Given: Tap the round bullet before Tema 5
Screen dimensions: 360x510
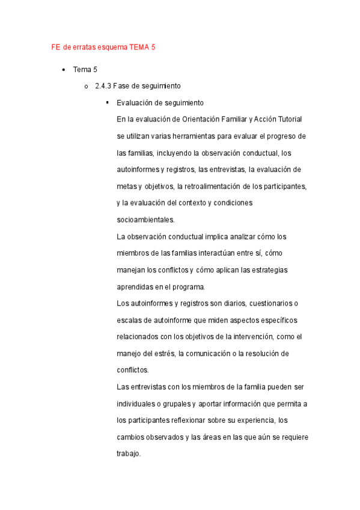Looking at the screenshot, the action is click(63, 70).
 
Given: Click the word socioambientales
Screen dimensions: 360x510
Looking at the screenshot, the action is click(145, 220).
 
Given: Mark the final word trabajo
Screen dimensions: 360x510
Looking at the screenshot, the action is click(128, 453).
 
